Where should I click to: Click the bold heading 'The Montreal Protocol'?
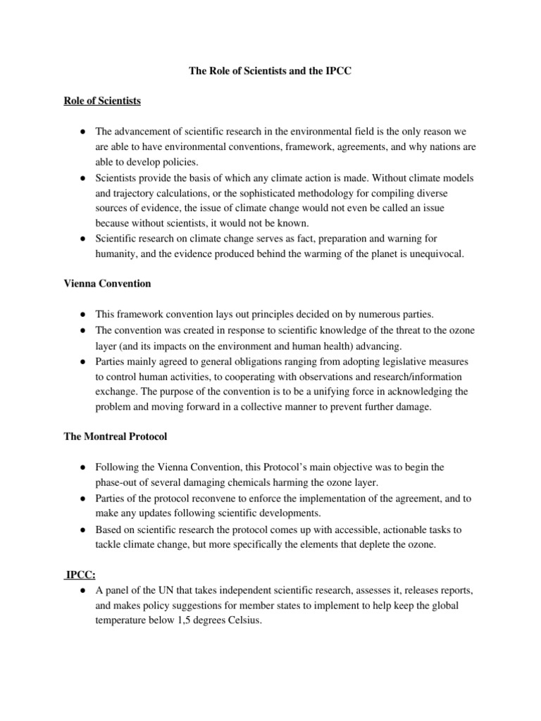(116, 437)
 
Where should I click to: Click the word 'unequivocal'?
(435, 253)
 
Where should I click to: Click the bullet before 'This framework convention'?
(83, 315)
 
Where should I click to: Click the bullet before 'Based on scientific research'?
(83, 529)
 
